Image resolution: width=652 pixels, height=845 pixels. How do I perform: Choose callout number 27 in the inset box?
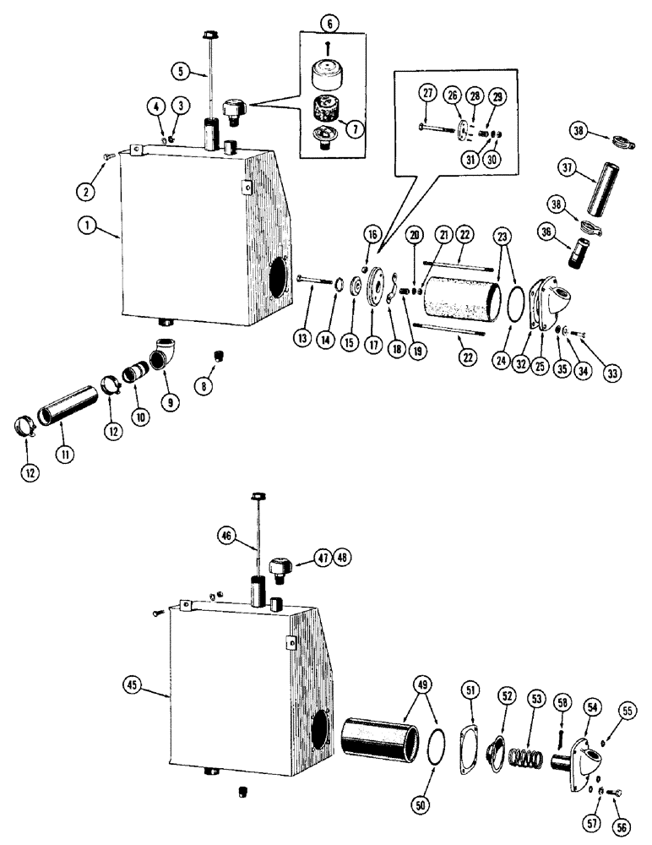coord(427,95)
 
